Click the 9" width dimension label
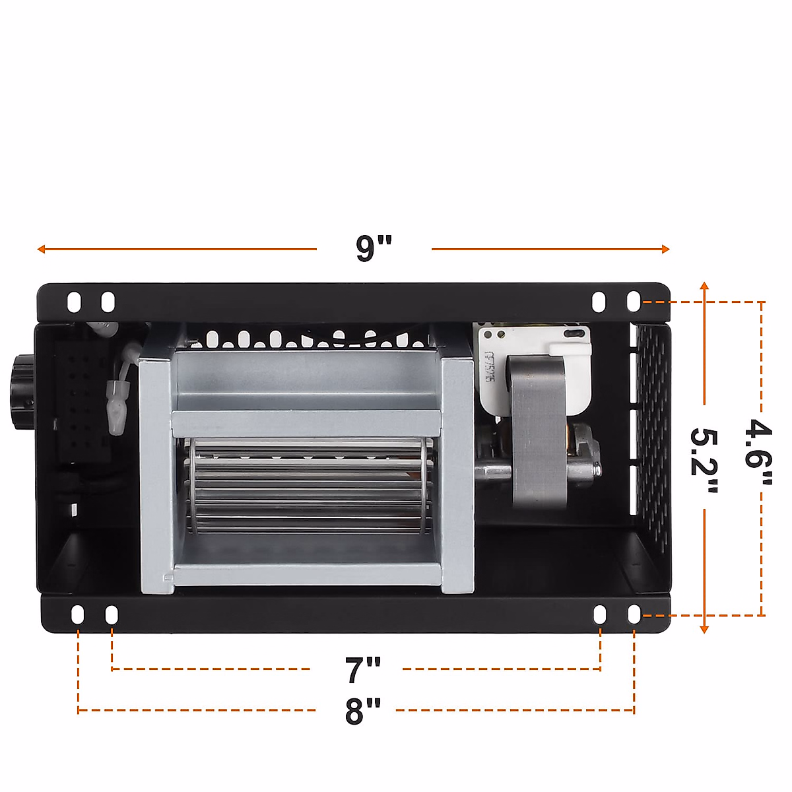click(x=374, y=248)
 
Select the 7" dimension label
click(x=362, y=670)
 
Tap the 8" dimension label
click(x=362, y=711)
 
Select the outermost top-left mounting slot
click(x=74, y=302)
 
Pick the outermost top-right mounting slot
click(x=633, y=302)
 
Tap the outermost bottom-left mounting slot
click(x=78, y=614)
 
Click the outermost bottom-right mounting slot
click(x=634, y=614)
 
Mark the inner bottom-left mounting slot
click(x=112, y=614)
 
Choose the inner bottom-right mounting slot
click(x=600, y=614)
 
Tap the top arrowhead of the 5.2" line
click(x=704, y=286)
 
